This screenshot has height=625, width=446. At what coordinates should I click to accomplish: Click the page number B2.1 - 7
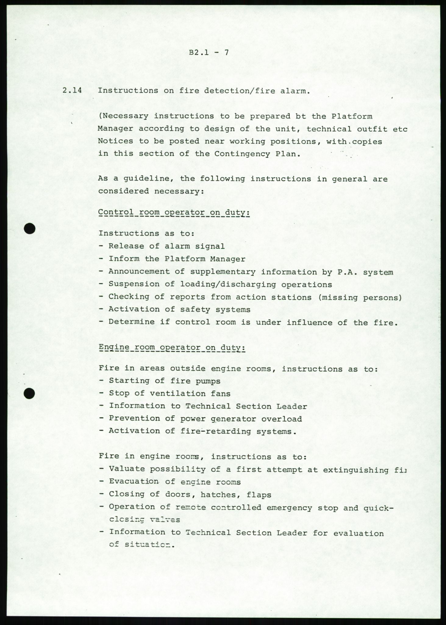(209, 52)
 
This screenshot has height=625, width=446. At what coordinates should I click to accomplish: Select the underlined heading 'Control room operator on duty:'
(174, 213)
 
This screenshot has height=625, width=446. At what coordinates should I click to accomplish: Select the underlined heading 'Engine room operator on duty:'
(172, 348)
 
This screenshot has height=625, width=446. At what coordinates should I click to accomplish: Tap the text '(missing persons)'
(360, 297)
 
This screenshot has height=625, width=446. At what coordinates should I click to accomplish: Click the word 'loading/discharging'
(228, 284)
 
